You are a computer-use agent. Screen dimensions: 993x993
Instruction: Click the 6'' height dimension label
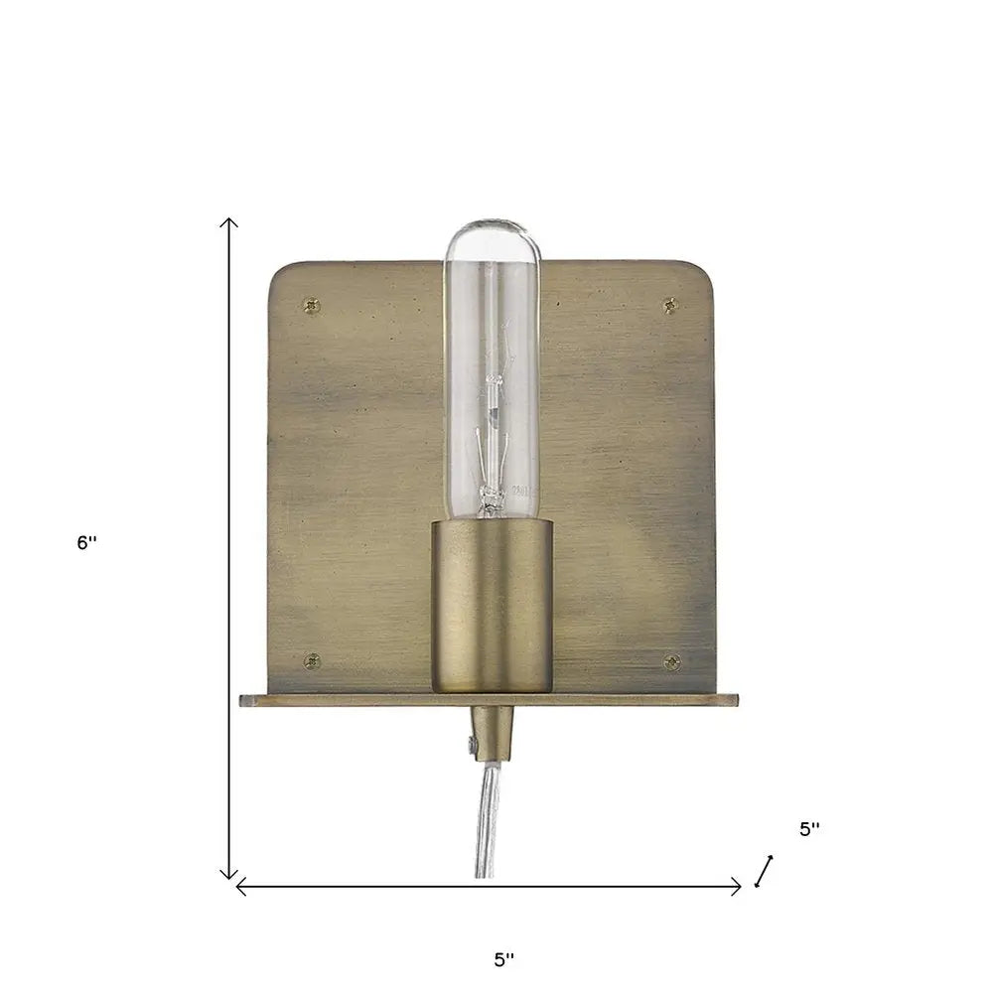[87, 543]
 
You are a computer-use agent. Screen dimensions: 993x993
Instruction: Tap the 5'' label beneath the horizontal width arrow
[504, 959]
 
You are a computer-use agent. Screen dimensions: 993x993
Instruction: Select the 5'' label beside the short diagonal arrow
[809, 830]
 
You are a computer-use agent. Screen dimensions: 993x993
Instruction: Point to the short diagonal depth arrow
[764, 870]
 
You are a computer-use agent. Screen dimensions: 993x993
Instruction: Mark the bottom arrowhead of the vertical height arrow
[229, 875]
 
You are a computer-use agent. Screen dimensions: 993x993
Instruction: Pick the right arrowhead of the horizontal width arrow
[737, 887]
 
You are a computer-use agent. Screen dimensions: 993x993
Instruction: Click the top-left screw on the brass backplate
[315, 304]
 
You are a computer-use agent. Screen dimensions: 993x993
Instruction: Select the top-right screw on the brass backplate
[670, 305]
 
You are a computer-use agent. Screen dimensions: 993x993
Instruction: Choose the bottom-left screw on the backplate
[312, 659]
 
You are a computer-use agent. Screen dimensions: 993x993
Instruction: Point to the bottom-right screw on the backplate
[671, 661]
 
